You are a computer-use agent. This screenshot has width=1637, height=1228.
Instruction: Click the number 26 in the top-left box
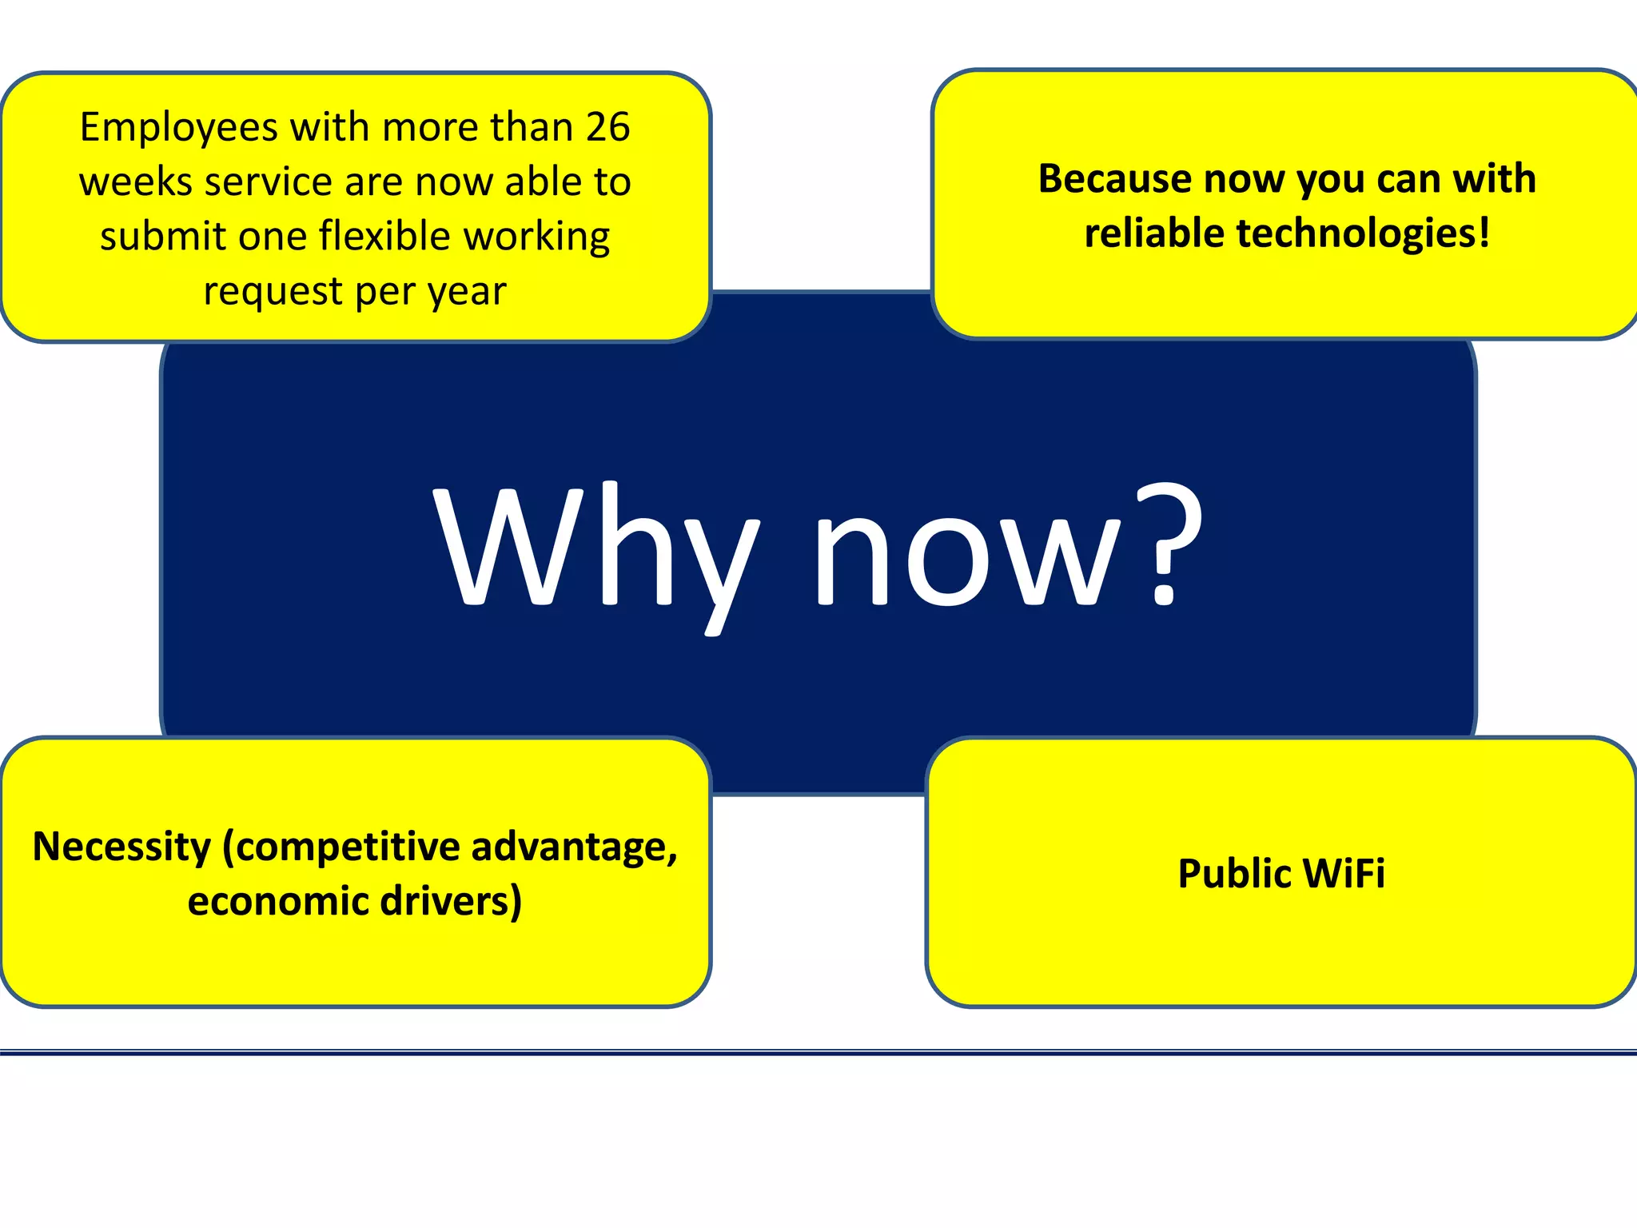click(607, 127)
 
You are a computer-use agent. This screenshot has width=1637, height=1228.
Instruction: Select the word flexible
click(385, 236)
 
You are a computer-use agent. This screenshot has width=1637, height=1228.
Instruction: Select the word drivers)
click(452, 901)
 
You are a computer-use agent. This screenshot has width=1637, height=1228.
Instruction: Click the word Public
click(1229, 874)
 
